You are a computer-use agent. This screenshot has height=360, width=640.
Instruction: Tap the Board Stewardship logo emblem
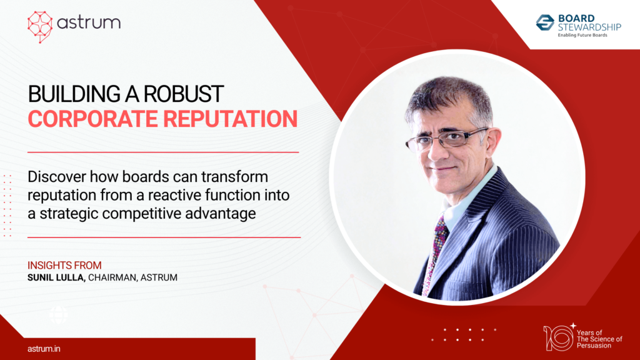545,22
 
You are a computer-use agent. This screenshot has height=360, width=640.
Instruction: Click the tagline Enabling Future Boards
582,36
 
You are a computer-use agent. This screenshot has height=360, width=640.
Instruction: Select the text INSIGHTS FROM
65,265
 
